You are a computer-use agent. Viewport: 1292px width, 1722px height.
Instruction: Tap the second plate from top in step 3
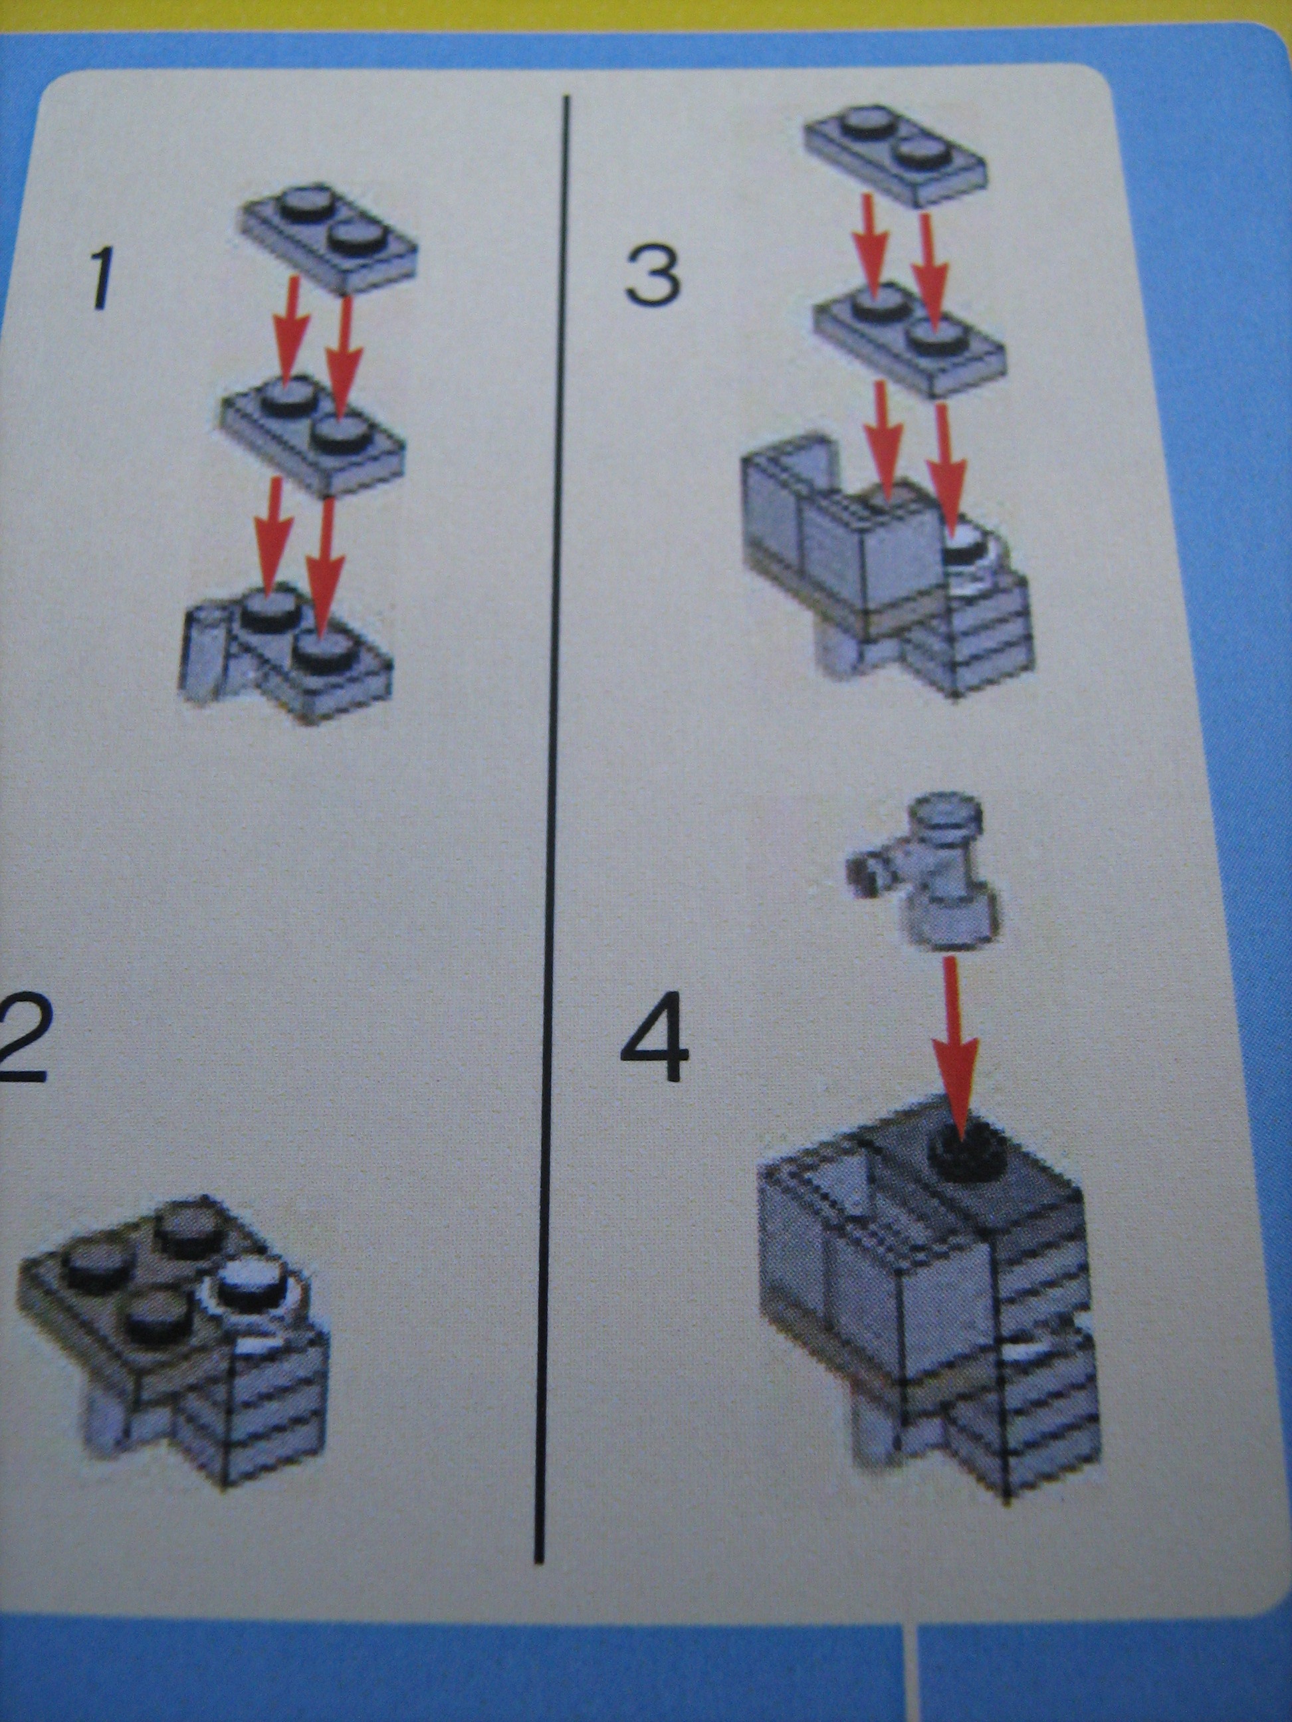[910, 339]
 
